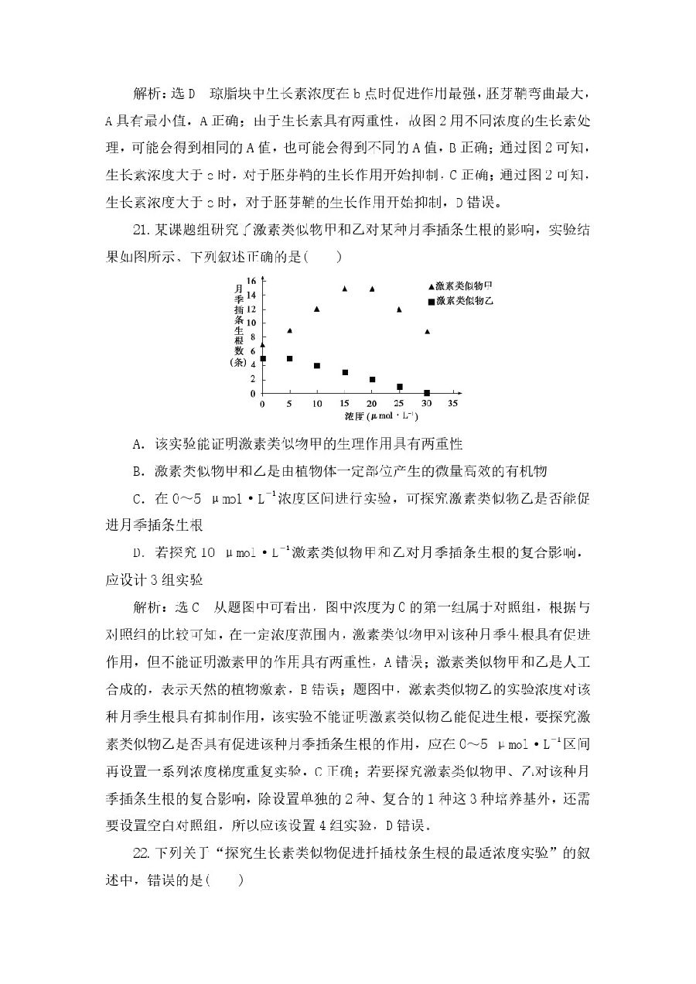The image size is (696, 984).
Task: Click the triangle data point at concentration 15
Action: pos(344,289)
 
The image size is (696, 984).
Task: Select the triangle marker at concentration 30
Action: pos(426,331)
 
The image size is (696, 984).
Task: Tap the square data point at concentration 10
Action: pos(317,365)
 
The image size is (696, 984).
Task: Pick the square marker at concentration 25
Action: pos(399,387)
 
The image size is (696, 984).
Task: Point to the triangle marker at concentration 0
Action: pos(263,345)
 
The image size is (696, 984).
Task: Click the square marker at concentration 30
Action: pos(426,393)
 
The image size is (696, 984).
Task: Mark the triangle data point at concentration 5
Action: pos(290,330)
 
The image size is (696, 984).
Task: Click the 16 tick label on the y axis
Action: pos(251,280)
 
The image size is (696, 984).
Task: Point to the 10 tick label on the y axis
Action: pos(251,323)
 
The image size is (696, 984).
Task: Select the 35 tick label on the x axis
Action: pos(453,404)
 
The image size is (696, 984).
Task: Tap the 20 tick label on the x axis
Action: pos(371,404)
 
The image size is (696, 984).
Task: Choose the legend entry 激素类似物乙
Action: pos(464,299)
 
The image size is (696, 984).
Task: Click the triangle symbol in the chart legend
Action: pos(431,286)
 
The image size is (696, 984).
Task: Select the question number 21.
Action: pos(142,231)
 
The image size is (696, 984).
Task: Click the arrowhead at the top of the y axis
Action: pos(263,274)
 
